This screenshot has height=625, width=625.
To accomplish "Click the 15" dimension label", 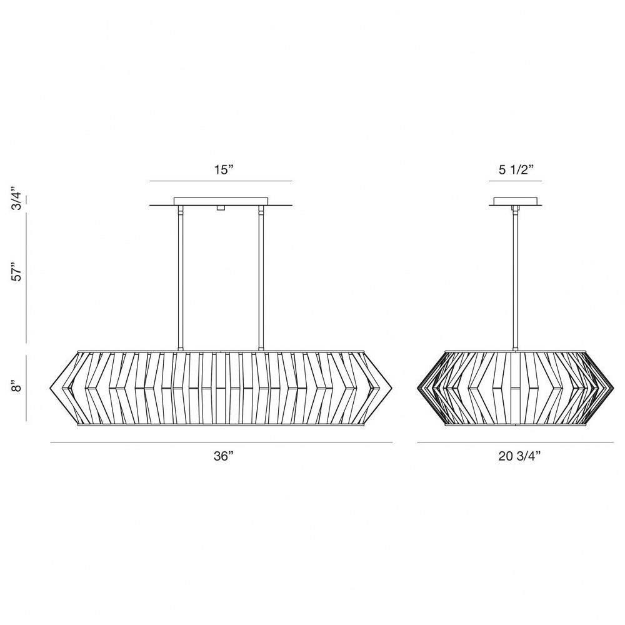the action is pyautogui.click(x=223, y=170).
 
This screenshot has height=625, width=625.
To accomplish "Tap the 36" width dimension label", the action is pyautogui.click(x=223, y=456).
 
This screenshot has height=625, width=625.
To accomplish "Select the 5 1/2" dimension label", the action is pyautogui.click(x=516, y=170).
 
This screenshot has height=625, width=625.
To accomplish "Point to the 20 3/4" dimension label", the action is pyautogui.click(x=519, y=456).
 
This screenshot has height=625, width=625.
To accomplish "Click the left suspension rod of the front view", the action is pyautogui.click(x=180, y=278).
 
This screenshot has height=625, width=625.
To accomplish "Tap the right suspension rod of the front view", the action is pyautogui.click(x=261, y=278).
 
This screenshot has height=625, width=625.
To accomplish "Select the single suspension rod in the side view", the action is pyautogui.click(x=515, y=278).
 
